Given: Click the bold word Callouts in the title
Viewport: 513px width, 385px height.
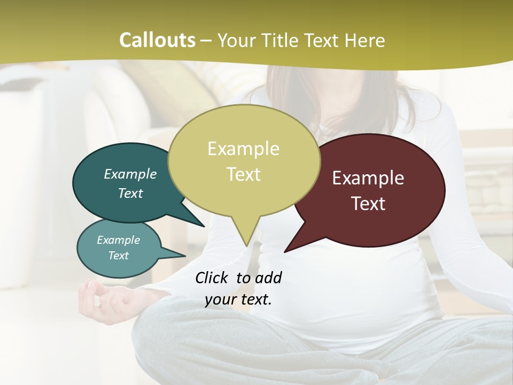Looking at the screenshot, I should (157, 41).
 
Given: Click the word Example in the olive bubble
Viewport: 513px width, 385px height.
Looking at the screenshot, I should (243, 149).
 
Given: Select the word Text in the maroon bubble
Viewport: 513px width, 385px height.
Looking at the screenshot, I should (369, 204).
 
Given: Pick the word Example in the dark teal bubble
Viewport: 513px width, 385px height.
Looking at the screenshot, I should (130, 174).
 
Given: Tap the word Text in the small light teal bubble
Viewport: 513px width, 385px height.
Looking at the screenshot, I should (118, 256).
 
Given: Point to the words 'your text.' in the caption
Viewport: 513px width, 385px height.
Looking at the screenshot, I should (238, 300).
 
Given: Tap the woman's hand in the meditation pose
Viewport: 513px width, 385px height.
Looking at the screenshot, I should (95, 299).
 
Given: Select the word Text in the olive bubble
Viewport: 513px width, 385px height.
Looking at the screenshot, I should (243, 174).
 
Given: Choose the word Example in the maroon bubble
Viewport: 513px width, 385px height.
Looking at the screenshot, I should (368, 178).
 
